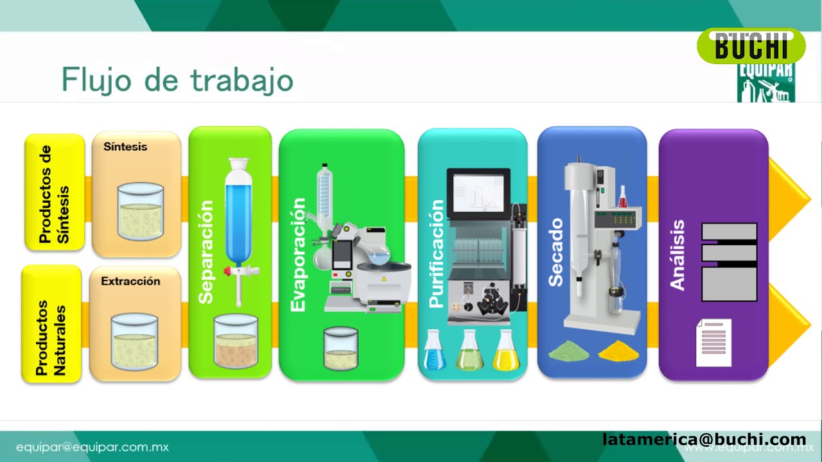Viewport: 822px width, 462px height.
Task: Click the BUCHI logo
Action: pos(751,46)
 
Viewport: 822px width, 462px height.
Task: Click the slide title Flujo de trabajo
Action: pos(177,80)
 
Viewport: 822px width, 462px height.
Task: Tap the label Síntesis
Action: pos(125,146)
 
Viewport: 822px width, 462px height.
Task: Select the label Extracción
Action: pos(130,281)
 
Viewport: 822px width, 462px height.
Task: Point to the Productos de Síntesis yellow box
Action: pos(55,193)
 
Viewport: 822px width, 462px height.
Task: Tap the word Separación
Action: pos(205,252)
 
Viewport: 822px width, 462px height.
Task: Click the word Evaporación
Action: pos(298,255)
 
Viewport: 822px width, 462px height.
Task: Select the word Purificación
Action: pos(436,254)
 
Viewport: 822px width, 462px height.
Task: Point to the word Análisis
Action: pos(678,255)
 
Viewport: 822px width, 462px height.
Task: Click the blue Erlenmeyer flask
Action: pos(435,352)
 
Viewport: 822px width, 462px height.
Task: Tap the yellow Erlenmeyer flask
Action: pos(506,352)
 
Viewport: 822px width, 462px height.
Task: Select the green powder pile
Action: pos(570,350)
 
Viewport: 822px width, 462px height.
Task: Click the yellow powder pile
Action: pos(619,350)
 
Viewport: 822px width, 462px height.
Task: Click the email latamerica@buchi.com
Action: pos(704,440)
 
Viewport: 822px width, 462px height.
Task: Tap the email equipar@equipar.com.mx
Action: pos(92,447)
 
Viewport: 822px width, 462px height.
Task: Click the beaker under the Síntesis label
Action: pos(140,212)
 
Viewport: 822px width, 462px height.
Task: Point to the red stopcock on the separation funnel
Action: pos(229,271)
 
